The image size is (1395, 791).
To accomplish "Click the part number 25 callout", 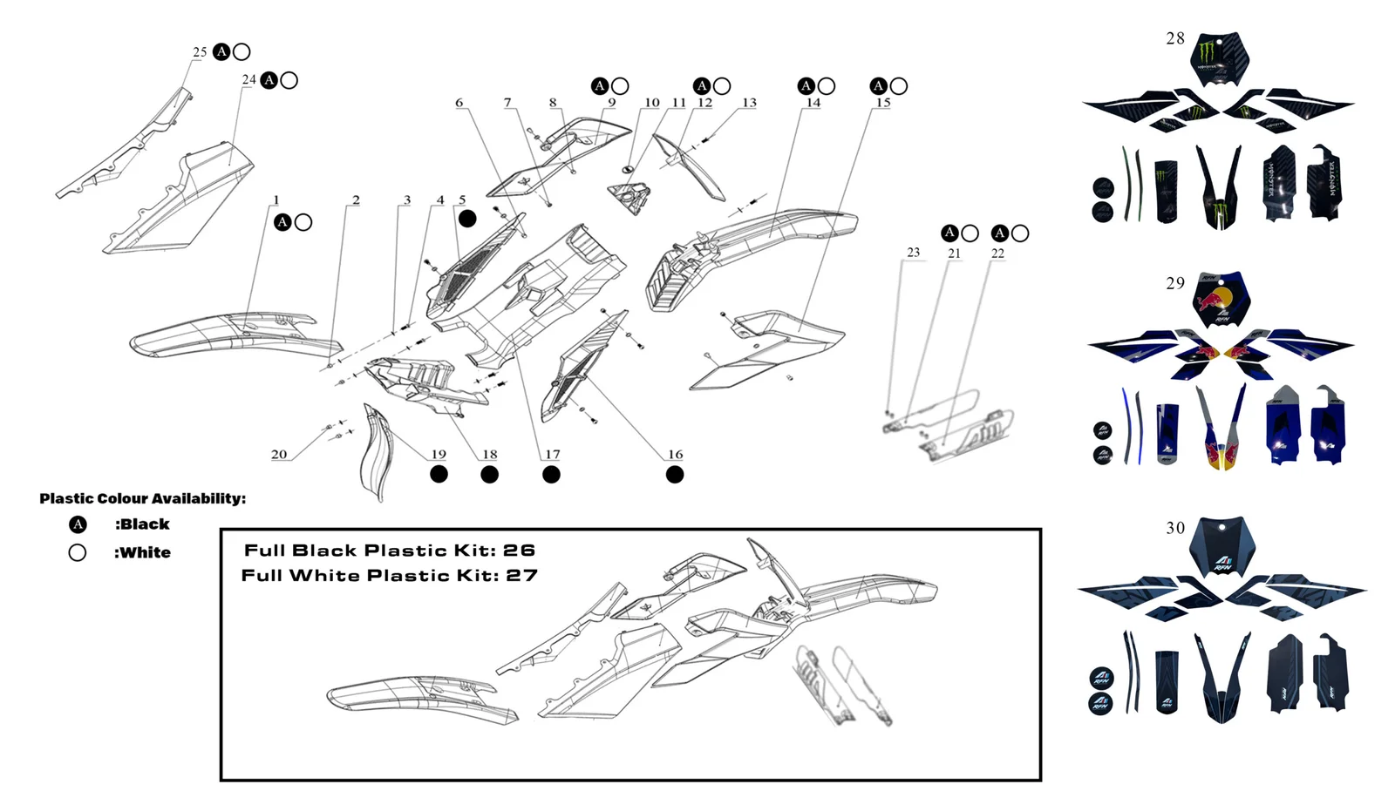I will click(200, 52).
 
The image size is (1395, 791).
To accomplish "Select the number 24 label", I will click(248, 80).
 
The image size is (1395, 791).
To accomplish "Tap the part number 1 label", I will click(276, 200).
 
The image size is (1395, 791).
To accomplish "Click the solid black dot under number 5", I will click(467, 219).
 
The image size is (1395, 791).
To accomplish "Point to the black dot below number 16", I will click(675, 475).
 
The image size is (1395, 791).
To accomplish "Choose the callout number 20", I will click(279, 455).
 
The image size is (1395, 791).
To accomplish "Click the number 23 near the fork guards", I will click(913, 253).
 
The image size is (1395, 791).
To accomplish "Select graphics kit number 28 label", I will click(1175, 38).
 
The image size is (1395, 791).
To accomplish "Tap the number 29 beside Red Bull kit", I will click(1175, 283).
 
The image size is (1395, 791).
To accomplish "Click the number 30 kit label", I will click(1175, 528).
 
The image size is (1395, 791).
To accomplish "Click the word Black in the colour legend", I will click(143, 524).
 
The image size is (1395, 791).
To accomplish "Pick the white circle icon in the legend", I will click(78, 552).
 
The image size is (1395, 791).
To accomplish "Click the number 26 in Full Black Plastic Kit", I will click(519, 551).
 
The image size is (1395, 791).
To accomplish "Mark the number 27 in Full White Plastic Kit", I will click(521, 576).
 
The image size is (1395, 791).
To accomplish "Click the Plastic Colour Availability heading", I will click(142, 498).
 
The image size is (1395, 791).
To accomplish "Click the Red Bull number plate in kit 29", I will click(1221, 299).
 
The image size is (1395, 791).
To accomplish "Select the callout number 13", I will click(749, 103).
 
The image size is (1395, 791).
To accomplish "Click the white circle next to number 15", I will click(899, 86).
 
